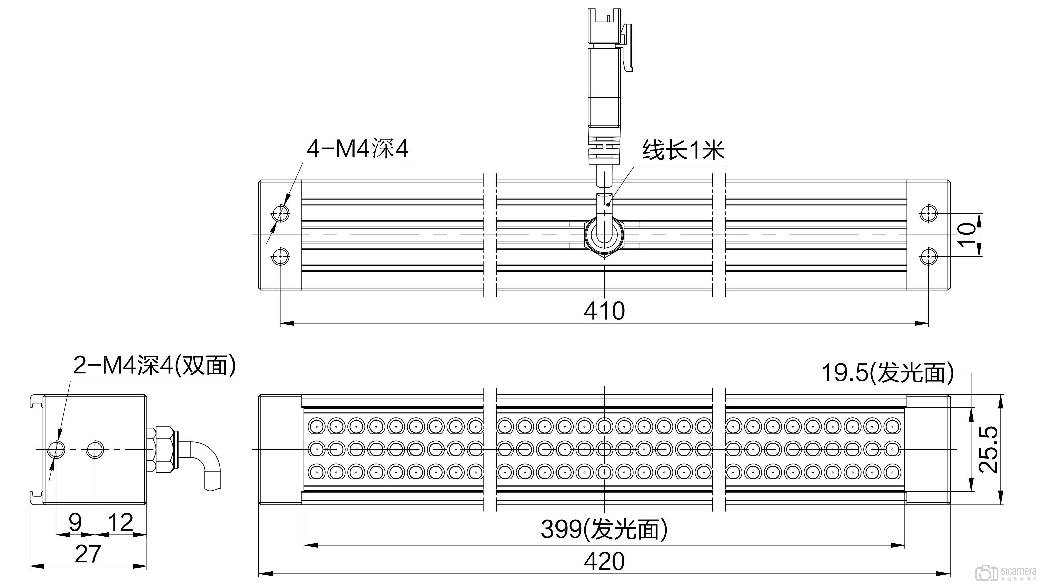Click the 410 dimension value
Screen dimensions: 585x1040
pyautogui.click(x=604, y=311)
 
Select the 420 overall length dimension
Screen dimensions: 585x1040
pyautogui.click(x=604, y=561)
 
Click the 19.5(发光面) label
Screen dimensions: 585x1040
pyautogui.click(x=887, y=372)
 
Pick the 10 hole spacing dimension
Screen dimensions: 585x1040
pyautogui.click(x=967, y=234)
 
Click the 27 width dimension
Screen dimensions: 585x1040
pyautogui.click(x=87, y=554)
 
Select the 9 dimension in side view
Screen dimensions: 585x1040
pyautogui.click(x=75, y=522)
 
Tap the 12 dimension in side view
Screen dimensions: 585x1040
pyautogui.click(x=120, y=522)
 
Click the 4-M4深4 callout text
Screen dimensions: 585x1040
pyautogui.click(x=357, y=149)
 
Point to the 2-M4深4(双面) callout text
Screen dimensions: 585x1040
pyautogui.click(x=154, y=366)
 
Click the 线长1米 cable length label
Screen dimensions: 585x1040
pyautogui.click(x=683, y=151)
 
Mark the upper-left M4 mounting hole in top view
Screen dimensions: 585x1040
pyautogui.click(x=281, y=213)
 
